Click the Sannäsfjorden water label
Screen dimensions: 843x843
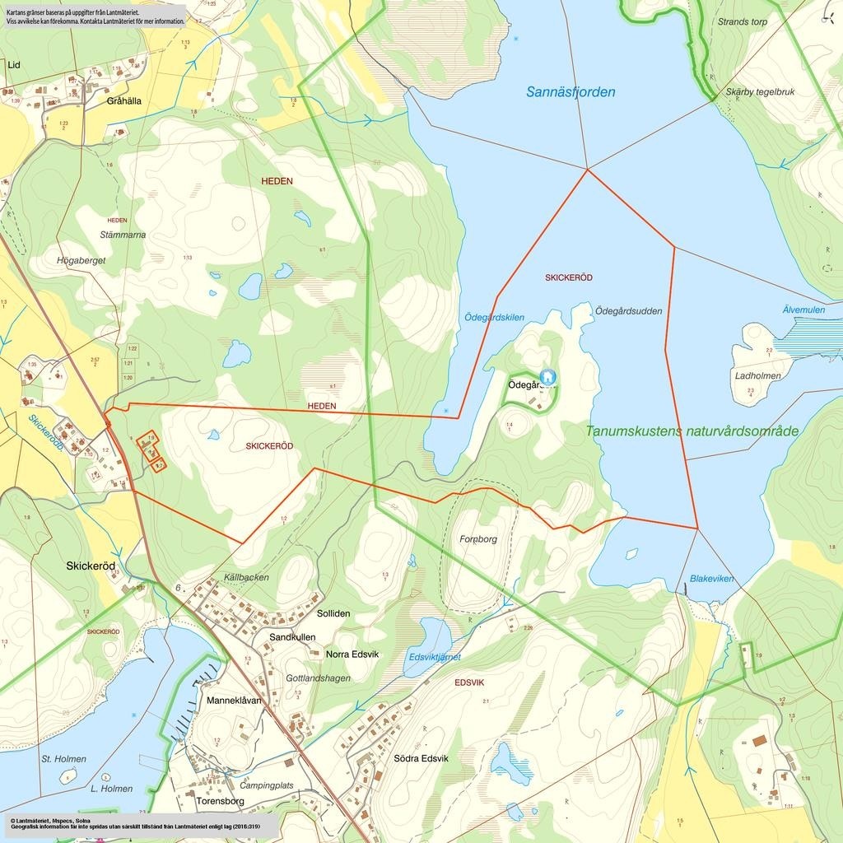coord(571,92)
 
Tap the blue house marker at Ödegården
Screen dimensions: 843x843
coord(547,377)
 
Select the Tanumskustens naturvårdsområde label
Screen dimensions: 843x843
coord(692,431)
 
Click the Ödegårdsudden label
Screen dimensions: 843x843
coord(628,311)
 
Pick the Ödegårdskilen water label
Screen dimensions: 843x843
coord(494,318)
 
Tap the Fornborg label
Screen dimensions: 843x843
coord(478,539)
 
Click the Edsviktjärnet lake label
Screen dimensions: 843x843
coord(435,657)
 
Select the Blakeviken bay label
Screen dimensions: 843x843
coord(711,579)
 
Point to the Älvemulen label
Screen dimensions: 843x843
coord(803,310)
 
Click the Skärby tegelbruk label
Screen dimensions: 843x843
coord(760,92)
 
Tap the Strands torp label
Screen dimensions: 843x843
coord(742,22)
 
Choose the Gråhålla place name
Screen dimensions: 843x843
coord(124,101)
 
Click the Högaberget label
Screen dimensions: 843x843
coord(81,260)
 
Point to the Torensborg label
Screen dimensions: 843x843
coord(221,800)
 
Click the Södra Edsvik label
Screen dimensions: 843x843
coord(421,758)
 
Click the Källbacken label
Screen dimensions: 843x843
coord(246,577)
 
